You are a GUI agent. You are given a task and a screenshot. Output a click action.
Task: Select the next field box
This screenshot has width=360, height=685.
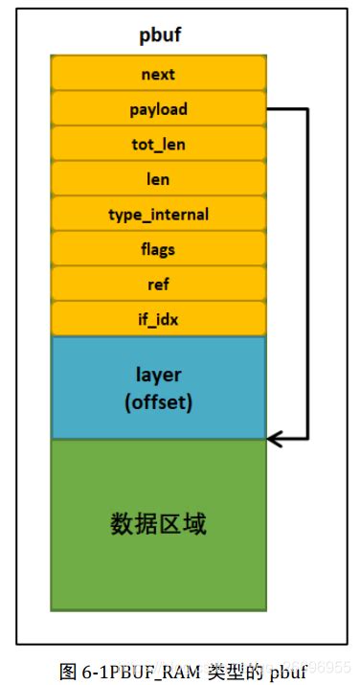tap(158, 74)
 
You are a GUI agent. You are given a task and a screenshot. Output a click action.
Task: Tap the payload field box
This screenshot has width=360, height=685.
tap(158, 109)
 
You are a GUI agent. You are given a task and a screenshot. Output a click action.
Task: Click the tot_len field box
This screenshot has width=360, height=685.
tap(158, 144)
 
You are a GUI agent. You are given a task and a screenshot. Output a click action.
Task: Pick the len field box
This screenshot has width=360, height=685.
tap(158, 179)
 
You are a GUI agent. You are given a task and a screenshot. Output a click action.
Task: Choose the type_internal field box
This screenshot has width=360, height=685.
tap(158, 215)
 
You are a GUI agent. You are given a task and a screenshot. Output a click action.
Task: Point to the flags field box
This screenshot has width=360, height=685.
tap(158, 249)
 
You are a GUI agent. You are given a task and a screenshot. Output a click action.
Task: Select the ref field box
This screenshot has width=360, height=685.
tap(158, 285)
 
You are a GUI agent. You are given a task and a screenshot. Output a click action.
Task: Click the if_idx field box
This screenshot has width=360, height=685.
tap(158, 319)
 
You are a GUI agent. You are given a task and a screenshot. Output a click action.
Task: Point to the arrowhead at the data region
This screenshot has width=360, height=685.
tap(274, 439)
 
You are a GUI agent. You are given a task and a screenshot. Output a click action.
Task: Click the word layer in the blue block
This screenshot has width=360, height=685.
tap(158, 376)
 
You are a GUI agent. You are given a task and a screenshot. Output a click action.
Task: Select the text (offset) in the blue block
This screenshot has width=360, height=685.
tap(158, 401)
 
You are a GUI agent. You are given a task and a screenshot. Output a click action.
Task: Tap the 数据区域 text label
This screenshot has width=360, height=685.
tap(158, 524)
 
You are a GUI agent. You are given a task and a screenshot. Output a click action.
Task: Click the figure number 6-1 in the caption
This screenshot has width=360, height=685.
tap(90, 670)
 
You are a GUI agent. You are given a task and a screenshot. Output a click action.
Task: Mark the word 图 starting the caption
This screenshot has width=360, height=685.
tap(67, 670)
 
